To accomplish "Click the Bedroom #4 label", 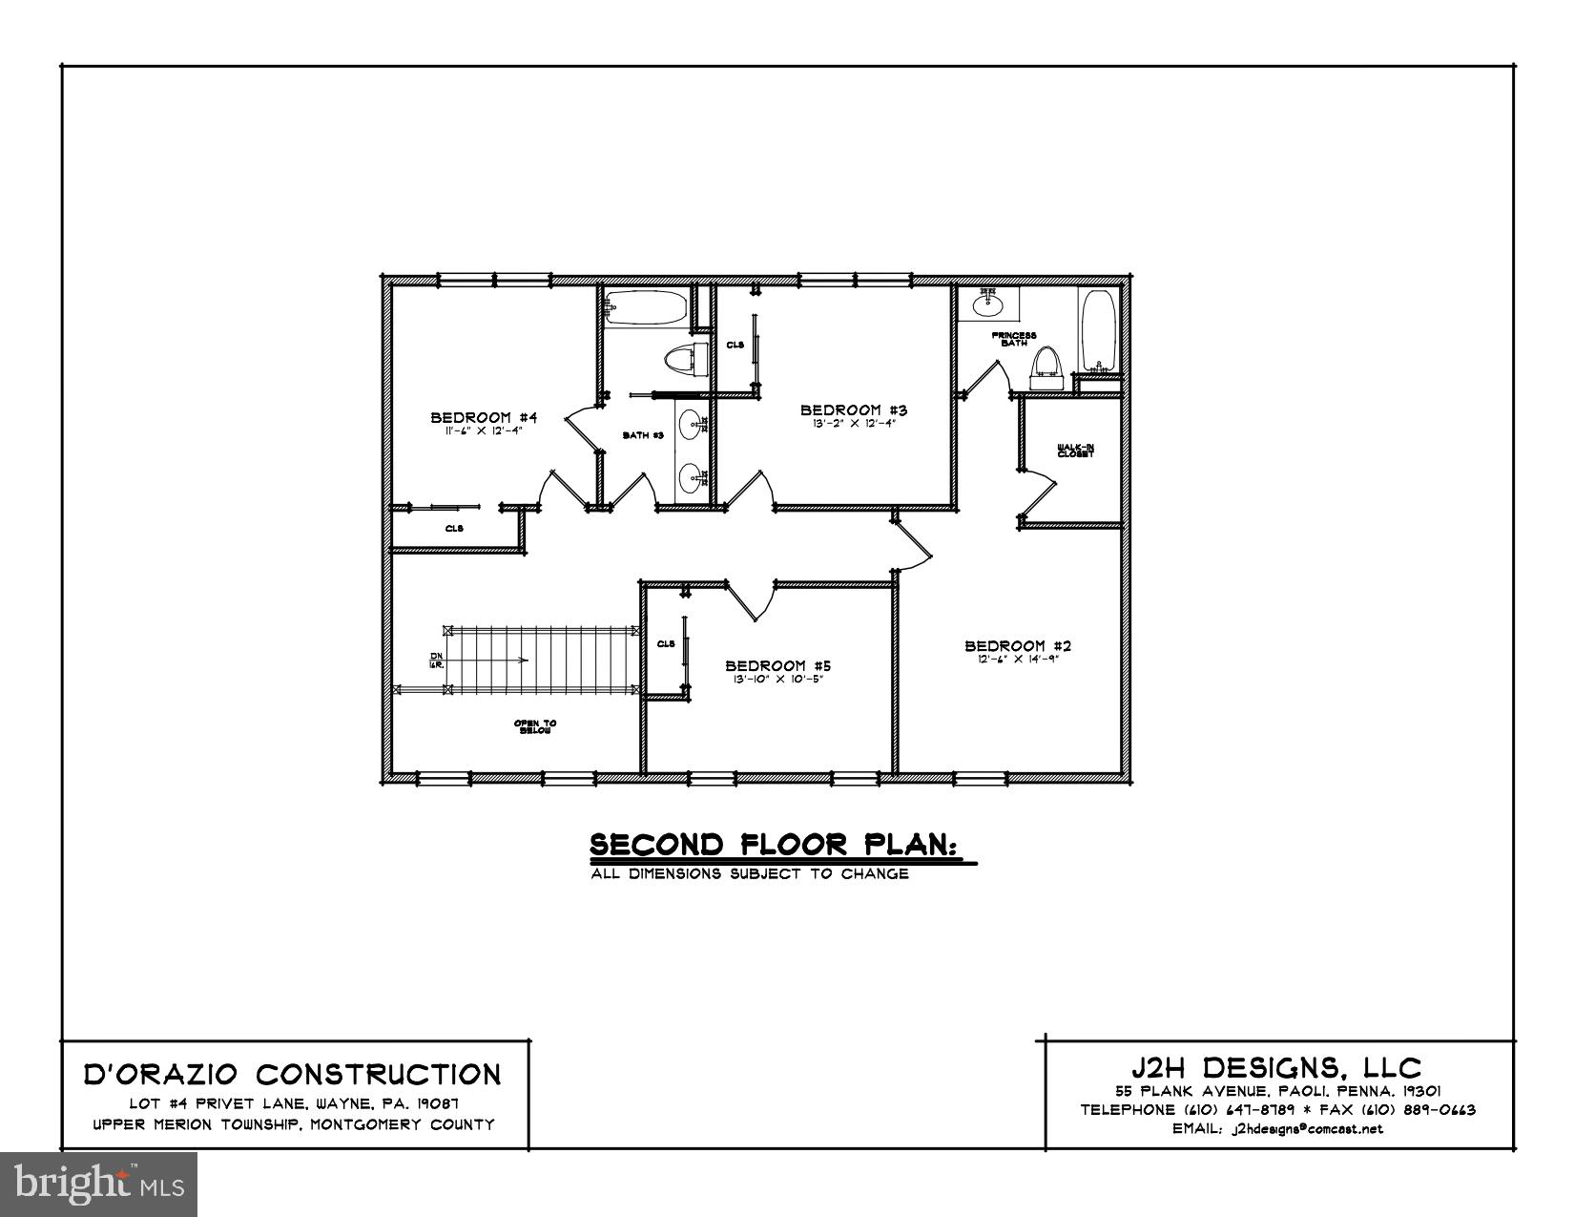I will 485,417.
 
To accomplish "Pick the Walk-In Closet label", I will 1075,451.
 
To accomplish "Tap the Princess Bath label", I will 1013,339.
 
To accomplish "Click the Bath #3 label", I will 643,435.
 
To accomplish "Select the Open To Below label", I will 535,726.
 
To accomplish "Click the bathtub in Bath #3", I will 645,308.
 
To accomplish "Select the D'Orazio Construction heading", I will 294,1075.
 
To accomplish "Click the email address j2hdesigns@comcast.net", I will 1307,1129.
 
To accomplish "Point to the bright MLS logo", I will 99,1185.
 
